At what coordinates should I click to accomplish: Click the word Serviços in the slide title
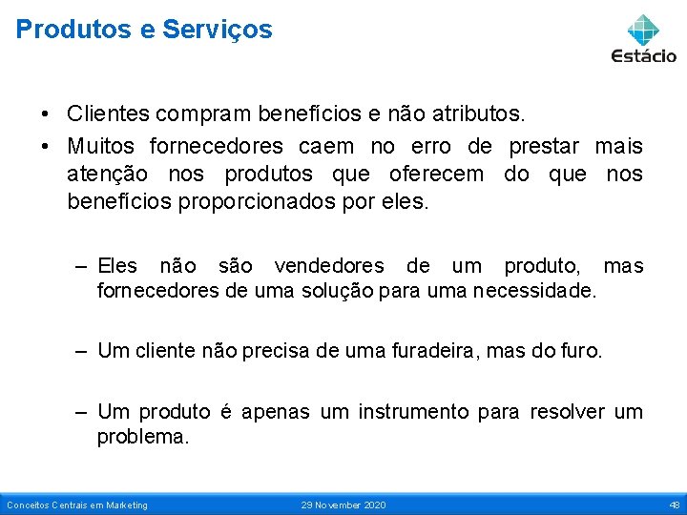[x=217, y=30]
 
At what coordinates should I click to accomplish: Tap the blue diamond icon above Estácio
[x=644, y=29]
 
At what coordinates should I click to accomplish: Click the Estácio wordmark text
[x=644, y=56]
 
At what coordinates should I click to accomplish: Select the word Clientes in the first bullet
[x=108, y=114]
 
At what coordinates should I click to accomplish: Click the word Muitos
[x=100, y=146]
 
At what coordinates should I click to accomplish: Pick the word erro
[x=432, y=146]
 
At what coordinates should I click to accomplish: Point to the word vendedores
[x=322, y=265]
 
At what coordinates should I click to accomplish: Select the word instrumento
[x=413, y=411]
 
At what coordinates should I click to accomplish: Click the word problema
[x=143, y=436]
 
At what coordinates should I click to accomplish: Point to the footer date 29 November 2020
[x=343, y=505]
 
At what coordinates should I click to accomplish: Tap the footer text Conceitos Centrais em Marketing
[x=77, y=505]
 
